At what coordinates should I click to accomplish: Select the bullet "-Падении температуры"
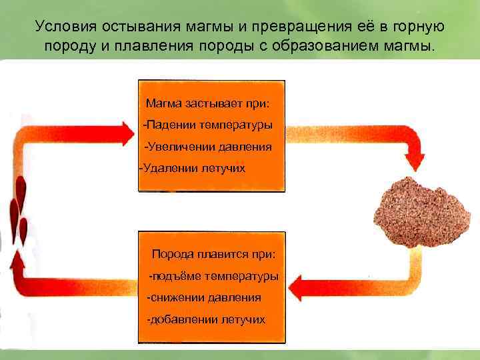(x=207, y=125)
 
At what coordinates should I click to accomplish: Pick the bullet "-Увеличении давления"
(x=208, y=147)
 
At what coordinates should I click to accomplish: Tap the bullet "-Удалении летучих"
(x=192, y=168)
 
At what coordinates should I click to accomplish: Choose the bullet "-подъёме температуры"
(x=213, y=276)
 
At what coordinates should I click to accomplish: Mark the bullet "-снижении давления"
(x=204, y=297)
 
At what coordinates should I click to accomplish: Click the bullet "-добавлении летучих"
(x=206, y=319)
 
